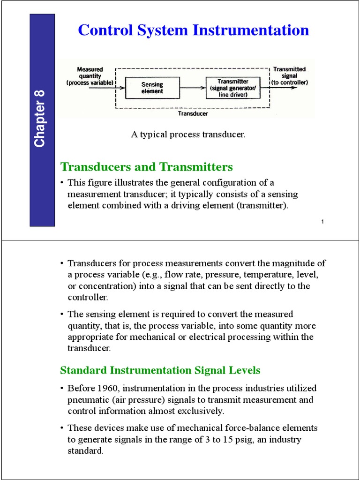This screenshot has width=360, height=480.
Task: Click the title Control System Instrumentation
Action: (193, 30)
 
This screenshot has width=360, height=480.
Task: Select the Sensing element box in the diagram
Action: (152, 88)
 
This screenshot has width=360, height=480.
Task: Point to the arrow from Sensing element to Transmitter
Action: (192, 88)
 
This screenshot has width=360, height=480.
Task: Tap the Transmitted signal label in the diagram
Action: (290, 76)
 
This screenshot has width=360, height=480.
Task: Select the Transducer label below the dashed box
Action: (193, 113)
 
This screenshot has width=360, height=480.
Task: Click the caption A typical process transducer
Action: (188, 135)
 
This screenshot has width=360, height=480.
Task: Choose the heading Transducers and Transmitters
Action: (147, 167)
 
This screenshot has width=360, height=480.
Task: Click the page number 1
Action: (323, 221)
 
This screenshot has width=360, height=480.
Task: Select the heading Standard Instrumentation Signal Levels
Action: (160, 370)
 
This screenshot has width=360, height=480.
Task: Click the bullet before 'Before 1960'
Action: (62, 389)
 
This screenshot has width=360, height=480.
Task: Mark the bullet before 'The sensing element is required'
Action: (62, 315)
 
